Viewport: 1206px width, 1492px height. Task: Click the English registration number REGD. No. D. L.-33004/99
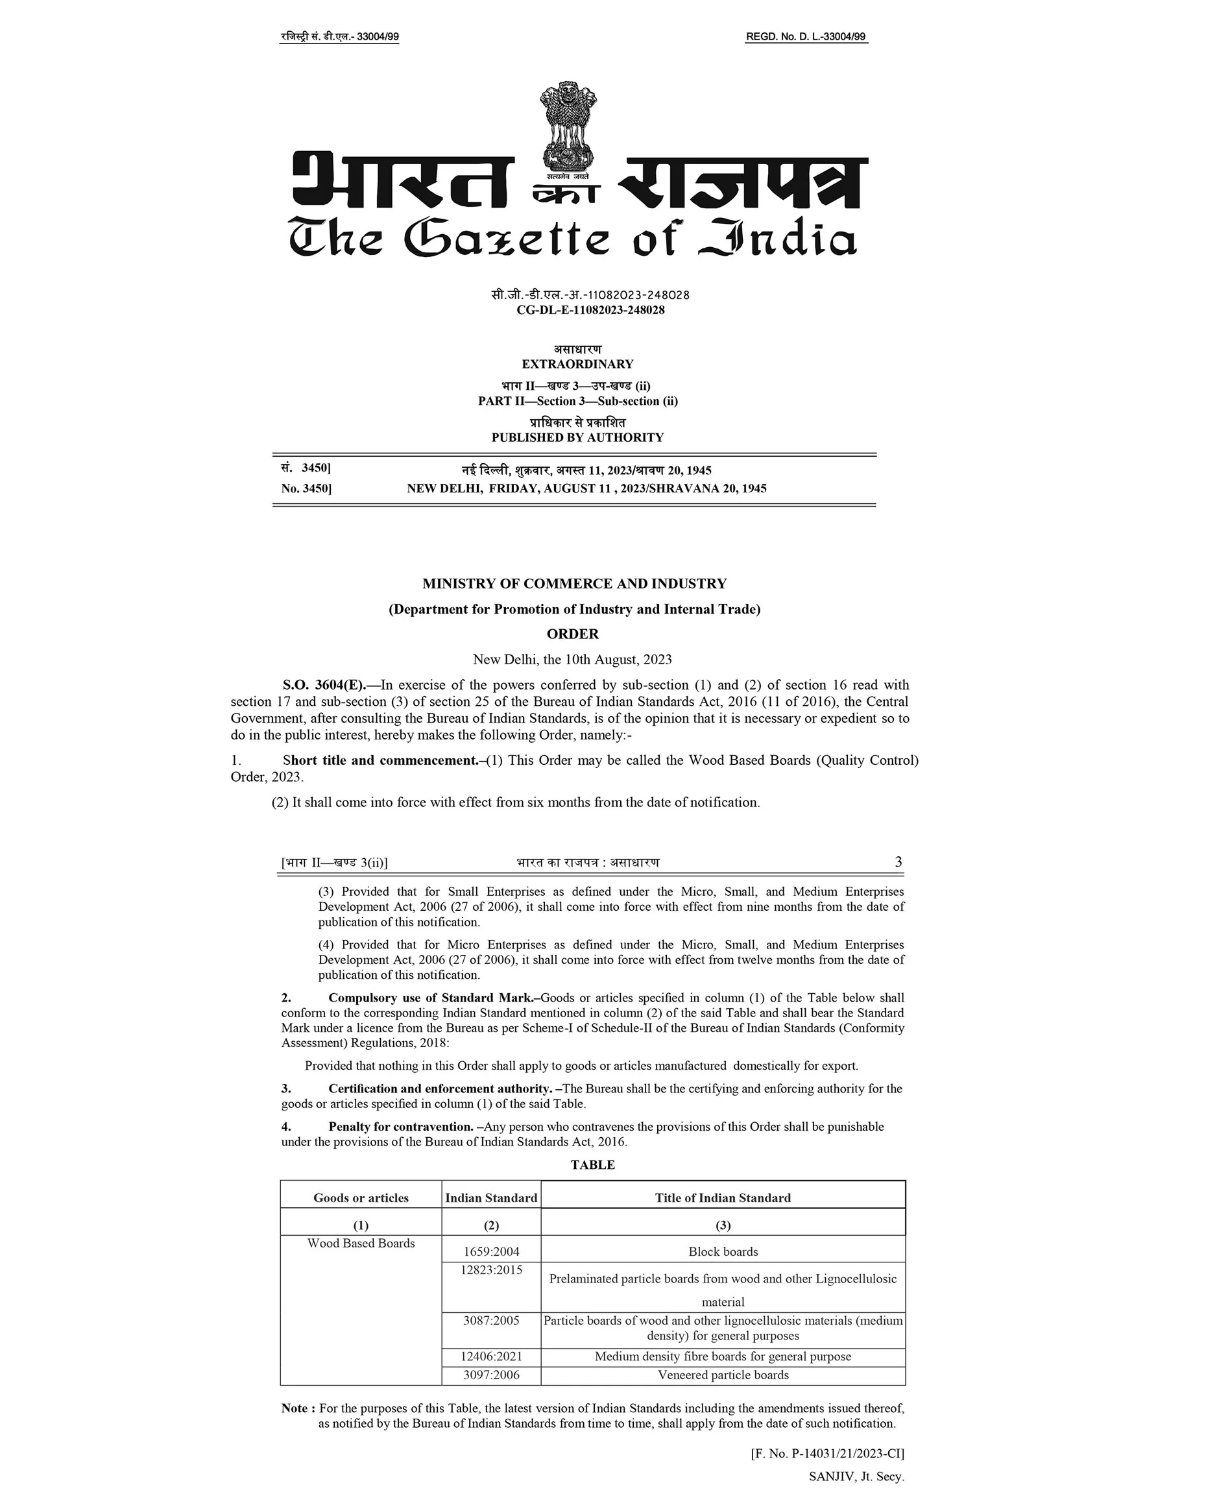click(806, 37)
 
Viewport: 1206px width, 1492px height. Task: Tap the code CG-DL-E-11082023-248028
click(590, 310)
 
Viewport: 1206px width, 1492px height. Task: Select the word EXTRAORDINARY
click(577, 364)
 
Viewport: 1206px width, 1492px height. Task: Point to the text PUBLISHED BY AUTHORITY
click(577, 438)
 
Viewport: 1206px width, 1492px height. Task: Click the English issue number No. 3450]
click(306, 488)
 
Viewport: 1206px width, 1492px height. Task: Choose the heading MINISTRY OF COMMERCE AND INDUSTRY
click(574, 583)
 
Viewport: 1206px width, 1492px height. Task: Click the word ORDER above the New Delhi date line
click(572, 634)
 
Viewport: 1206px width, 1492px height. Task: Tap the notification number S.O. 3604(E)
click(324, 685)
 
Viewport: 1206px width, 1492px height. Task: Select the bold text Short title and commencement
click(381, 760)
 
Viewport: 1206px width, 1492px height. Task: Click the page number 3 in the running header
click(898, 862)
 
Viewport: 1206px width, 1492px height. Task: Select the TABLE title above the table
click(592, 1165)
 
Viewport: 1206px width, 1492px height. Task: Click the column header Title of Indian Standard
click(723, 1197)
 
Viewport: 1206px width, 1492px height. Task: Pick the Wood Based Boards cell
click(361, 1244)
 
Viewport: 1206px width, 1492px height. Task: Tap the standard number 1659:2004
click(491, 1252)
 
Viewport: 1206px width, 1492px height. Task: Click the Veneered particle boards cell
click(723, 1375)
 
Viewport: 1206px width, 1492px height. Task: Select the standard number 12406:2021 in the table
click(491, 1356)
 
